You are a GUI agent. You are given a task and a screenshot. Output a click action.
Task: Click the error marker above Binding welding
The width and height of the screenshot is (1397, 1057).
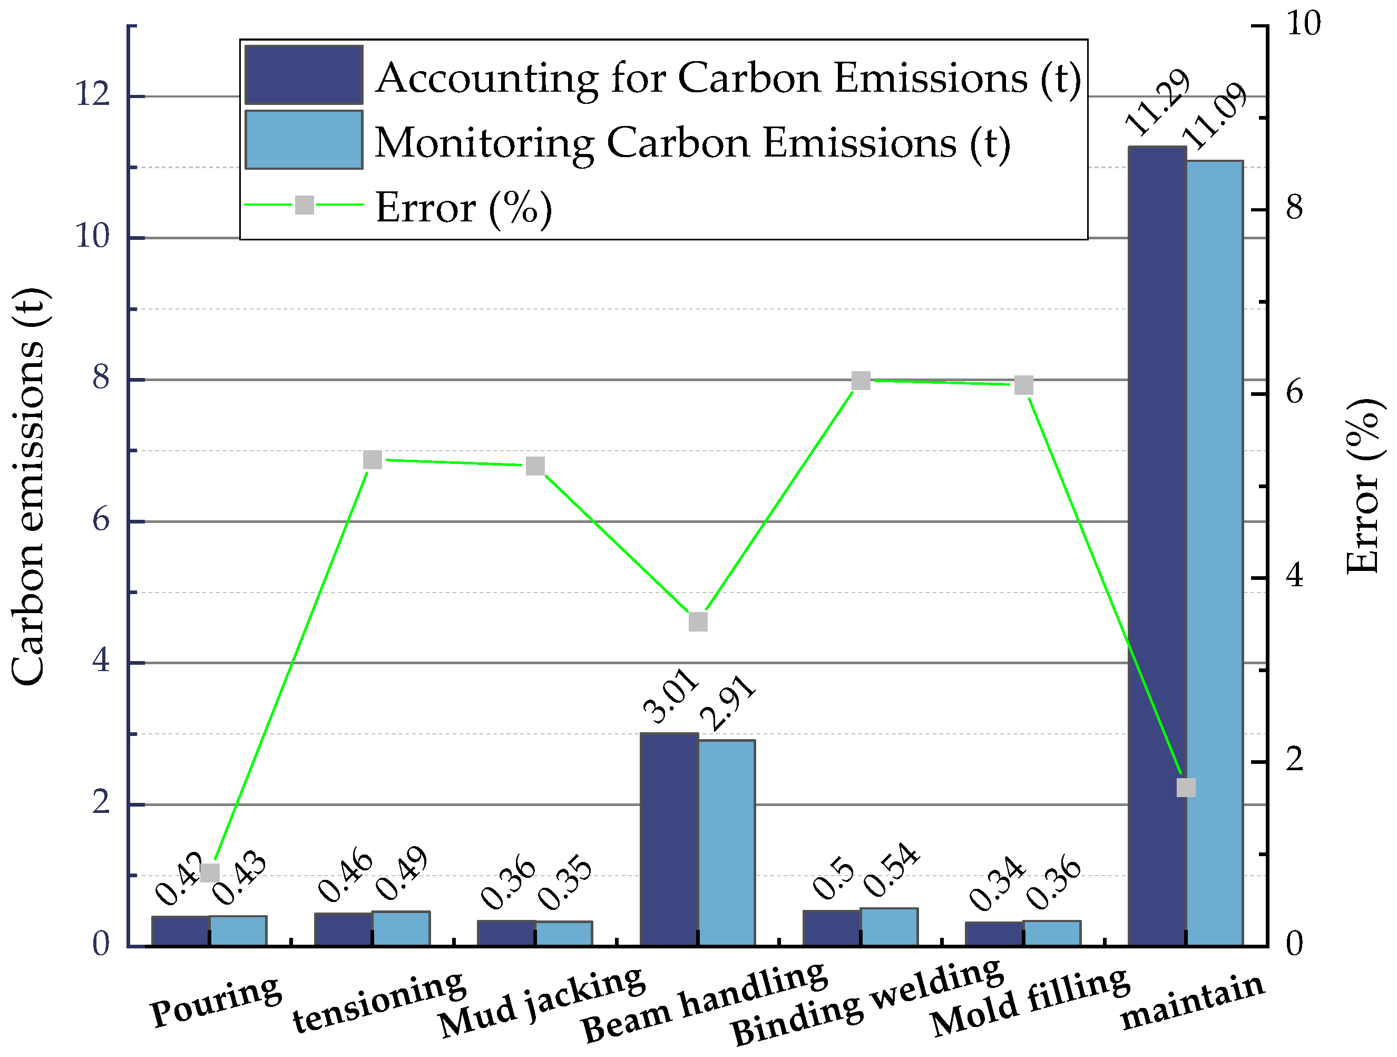(x=861, y=381)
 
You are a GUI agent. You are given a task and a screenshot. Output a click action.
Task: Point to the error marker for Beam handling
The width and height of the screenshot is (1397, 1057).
(x=698, y=622)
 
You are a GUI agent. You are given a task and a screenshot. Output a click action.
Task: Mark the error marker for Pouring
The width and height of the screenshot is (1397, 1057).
(x=210, y=872)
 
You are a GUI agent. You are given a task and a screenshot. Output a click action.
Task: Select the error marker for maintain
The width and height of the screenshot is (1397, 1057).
(x=1186, y=788)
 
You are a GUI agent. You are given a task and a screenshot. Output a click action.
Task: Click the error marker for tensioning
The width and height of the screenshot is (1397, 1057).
(x=373, y=460)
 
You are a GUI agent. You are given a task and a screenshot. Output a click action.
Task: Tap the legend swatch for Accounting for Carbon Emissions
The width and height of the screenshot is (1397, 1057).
(x=304, y=74)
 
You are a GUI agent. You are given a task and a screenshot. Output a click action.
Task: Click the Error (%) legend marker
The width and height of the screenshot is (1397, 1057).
(x=305, y=205)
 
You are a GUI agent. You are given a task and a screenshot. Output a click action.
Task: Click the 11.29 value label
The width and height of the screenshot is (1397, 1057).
(x=1157, y=102)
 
